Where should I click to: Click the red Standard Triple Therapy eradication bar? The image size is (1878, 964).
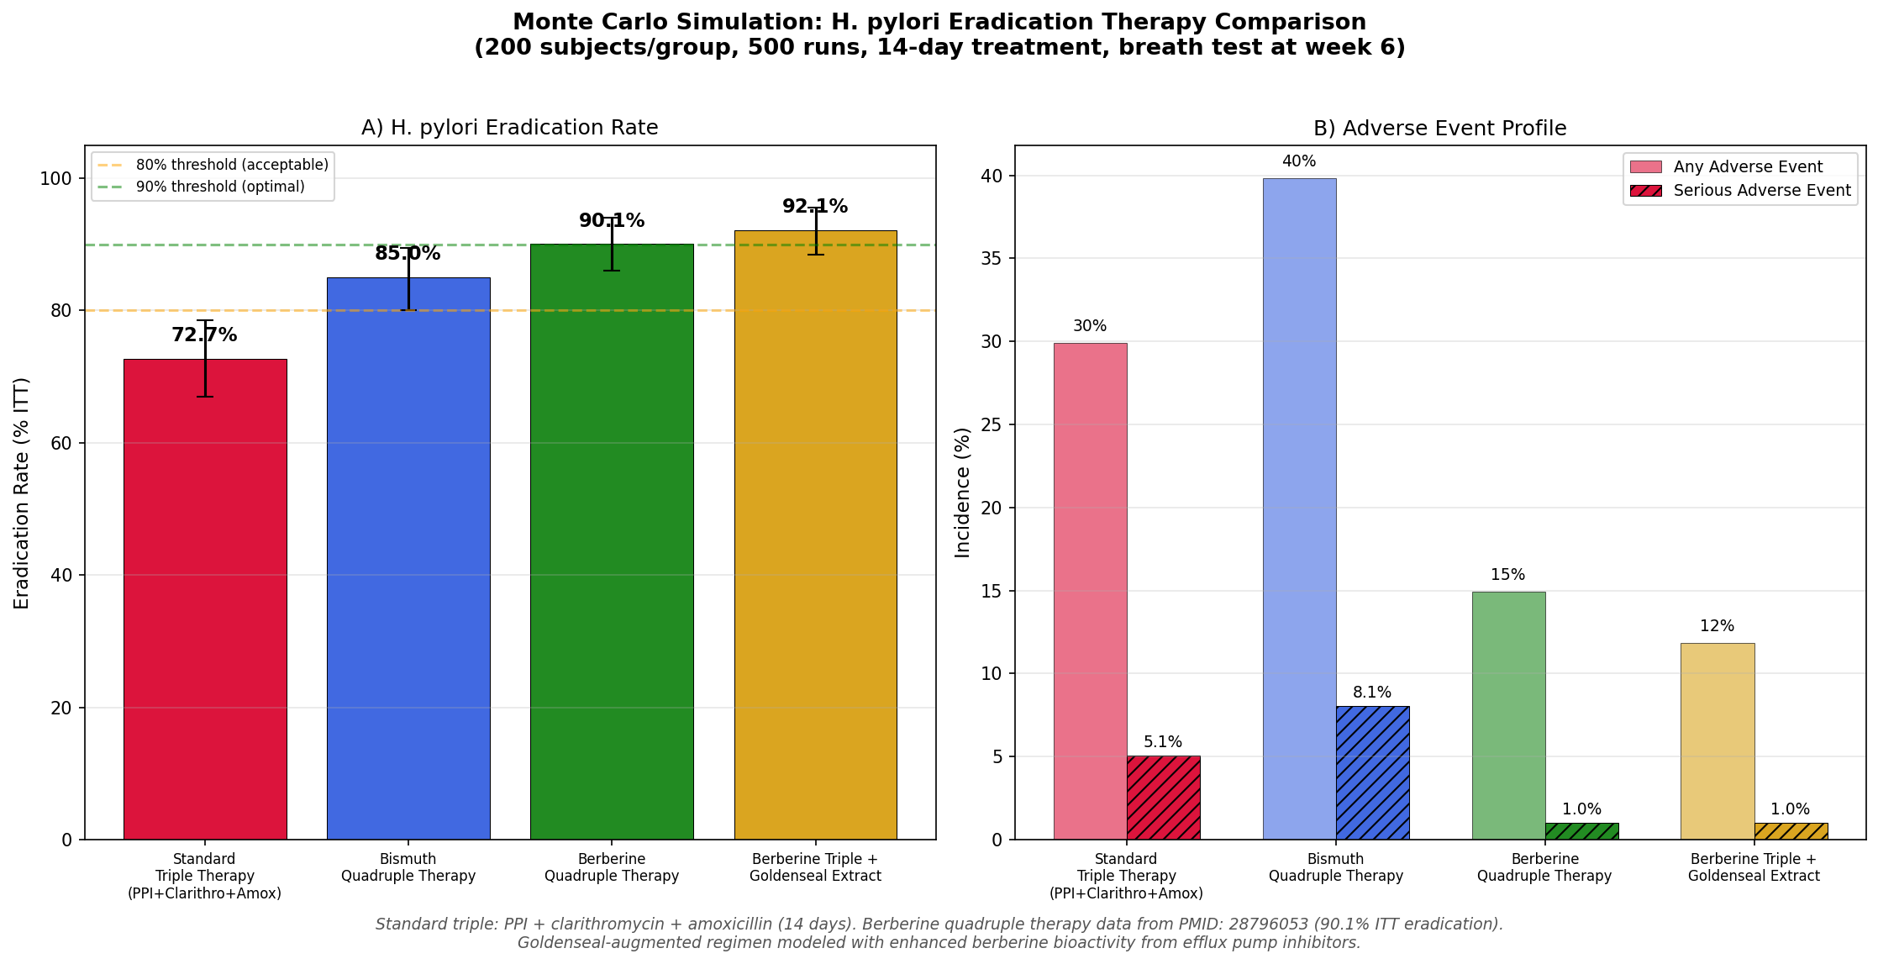[x=205, y=598]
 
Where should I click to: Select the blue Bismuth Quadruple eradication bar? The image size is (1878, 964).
[x=408, y=558]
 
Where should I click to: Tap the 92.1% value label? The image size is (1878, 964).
[x=814, y=207]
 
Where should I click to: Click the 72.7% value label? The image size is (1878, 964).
[x=204, y=335]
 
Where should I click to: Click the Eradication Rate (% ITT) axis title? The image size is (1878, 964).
[x=22, y=493]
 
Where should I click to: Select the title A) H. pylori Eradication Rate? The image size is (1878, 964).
[x=509, y=128]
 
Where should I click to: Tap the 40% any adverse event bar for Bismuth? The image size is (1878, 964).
[x=1299, y=508]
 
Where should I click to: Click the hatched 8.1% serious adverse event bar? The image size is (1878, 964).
[x=1372, y=772]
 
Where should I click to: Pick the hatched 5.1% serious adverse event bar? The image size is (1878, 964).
[x=1163, y=797]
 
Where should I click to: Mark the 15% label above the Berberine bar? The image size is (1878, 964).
[x=1507, y=575]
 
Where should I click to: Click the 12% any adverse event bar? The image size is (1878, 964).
[x=1717, y=740]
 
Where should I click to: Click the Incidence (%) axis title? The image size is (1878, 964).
[x=963, y=493]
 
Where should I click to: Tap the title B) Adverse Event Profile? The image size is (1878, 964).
[x=1439, y=129]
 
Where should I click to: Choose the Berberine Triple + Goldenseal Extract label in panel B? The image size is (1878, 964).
[x=1753, y=867]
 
